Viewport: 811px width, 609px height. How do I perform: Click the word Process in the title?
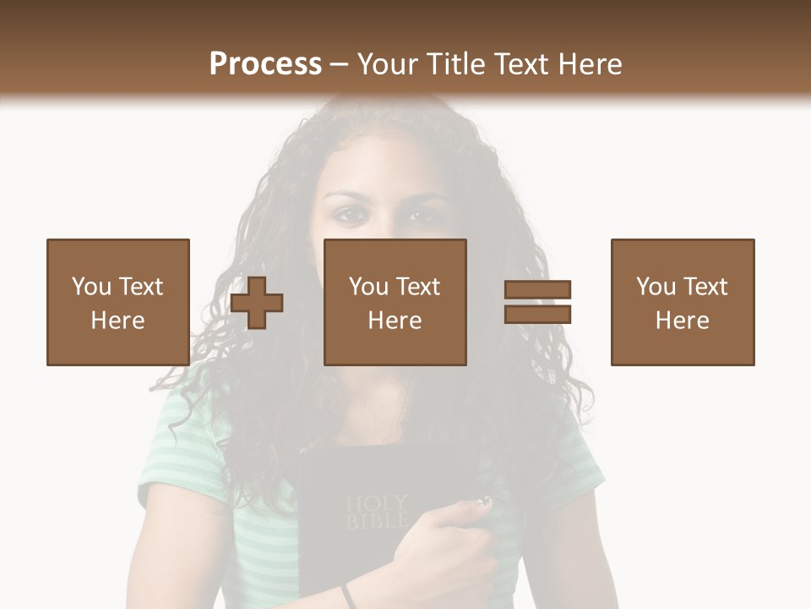pyautogui.click(x=265, y=63)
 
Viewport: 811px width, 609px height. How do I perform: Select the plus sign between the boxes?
pyautogui.click(x=258, y=302)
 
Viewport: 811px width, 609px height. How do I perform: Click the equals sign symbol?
pyautogui.click(x=537, y=302)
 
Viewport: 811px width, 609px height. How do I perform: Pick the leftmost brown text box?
pyautogui.click(x=117, y=302)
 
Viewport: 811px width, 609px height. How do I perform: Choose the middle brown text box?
pyautogui.click(x=395, y=302)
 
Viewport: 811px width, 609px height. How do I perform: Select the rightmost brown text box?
pyautogui.click(x=682, y=302)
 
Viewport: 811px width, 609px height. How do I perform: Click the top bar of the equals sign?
pyautogui.click(x=537, y=289)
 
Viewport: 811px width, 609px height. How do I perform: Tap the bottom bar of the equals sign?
pyautogui.click(x=537, y=314)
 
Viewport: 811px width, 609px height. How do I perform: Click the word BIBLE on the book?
pyautogui.click(x=376, y=521)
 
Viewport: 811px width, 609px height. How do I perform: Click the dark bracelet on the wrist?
pyautogui.click(x=348, y=595)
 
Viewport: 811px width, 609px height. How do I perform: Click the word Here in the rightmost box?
pyautogui.click(x=682, y=321)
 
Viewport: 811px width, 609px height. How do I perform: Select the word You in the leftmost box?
pyautogui.click(x=90, y=287)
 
